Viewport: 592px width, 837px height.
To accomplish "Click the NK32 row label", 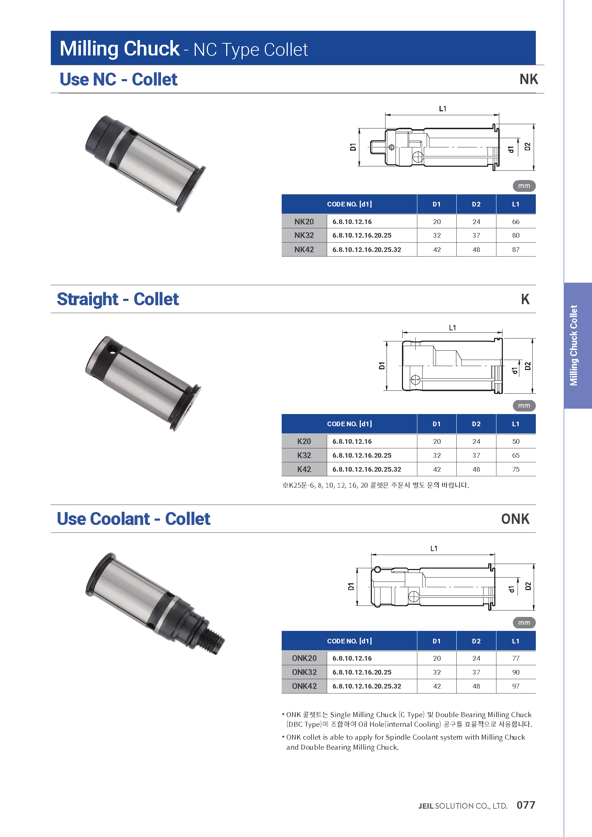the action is point(304,235).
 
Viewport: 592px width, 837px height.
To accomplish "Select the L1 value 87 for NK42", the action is point(515,250).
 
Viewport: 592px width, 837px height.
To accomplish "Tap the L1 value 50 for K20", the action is point(515,442).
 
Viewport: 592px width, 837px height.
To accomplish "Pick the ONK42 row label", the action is point(304,686).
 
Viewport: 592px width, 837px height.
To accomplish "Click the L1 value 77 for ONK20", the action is point(515,658).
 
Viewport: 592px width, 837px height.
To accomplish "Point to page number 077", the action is point(526,805).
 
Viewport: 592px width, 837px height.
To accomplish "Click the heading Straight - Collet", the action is point(118,299).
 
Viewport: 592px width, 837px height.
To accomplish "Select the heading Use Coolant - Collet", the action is point(134,519).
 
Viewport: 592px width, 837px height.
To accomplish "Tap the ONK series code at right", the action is point(515,519).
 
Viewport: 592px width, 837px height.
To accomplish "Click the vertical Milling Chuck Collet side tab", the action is point(574,345).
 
